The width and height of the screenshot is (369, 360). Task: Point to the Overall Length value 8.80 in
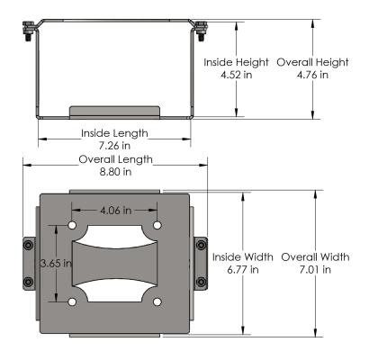(x=114, y=172)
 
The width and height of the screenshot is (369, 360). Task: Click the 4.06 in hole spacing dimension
(x=114, y=210)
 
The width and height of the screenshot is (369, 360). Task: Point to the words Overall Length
(x=114, y=159)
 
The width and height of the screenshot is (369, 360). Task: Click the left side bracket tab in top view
(x=29, y=263)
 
